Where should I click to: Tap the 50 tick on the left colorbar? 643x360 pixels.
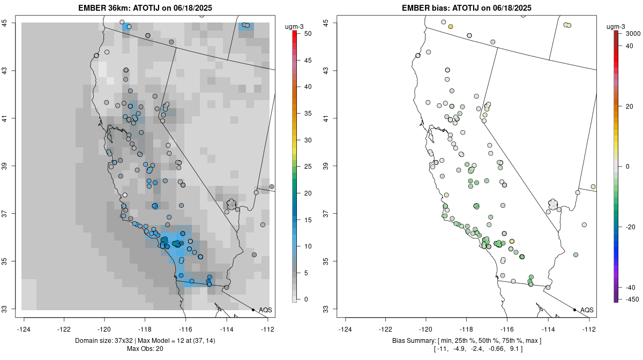[x=304, y=34]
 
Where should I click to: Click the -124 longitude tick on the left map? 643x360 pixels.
[x=24, y=328]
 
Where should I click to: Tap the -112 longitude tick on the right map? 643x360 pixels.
[x=589, y=328]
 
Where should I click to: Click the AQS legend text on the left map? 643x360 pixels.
[x=265, y=310]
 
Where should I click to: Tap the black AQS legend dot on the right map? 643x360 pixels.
[x=574, y=310]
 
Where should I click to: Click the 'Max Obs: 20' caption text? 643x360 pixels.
[x=145, y=349]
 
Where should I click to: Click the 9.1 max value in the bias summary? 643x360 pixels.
[x=516, y=349]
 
